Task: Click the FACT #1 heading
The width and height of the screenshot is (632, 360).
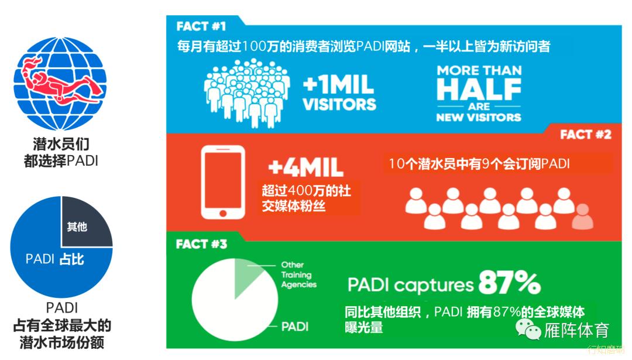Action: click(201, 26)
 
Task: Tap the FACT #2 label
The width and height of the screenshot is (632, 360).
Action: click(586, 135)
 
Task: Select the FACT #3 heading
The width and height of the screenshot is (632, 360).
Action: click(201, 244)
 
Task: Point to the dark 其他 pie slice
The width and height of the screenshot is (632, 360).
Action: click(85, 222)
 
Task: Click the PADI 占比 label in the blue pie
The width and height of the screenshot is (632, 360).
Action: click(55, 259)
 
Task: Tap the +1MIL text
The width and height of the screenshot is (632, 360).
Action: click(339, 85)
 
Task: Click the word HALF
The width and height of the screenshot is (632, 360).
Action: click(479, 89)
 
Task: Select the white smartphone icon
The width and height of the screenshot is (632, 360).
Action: click(223, 182)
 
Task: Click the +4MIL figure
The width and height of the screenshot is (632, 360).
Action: click(306, 167)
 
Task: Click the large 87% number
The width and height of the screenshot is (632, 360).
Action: click(510, 282)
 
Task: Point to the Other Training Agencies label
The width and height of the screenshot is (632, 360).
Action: click(298, 275)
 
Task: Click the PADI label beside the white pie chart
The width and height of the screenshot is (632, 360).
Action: click(294, 326)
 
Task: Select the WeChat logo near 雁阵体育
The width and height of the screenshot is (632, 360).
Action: click(528, 329)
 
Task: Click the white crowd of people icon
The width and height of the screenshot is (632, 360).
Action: click(247, 93)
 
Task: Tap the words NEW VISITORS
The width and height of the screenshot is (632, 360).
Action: click(479, 117)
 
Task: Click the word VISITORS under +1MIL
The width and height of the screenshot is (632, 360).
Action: click(339, 104)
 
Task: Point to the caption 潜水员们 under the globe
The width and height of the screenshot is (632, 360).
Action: click(61, 144)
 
